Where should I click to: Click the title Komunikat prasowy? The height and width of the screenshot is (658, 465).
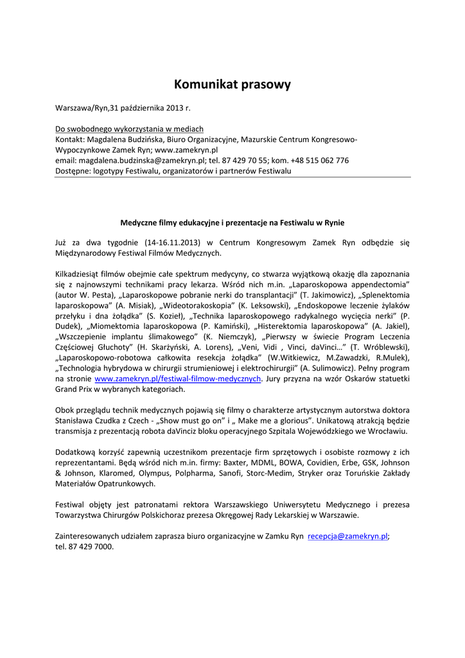pos(232,84)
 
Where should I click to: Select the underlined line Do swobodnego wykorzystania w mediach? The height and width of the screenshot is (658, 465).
pos(129,129)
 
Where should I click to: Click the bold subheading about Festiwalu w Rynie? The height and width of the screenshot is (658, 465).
pos(232,222)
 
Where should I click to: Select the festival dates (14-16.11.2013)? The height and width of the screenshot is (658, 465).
pos(171,243)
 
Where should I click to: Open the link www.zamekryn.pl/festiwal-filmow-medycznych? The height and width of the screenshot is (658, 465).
pos(178,379)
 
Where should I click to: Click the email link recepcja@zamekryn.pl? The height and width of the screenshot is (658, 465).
pos(348,536)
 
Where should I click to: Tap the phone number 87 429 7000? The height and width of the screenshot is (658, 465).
pos(93,547)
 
